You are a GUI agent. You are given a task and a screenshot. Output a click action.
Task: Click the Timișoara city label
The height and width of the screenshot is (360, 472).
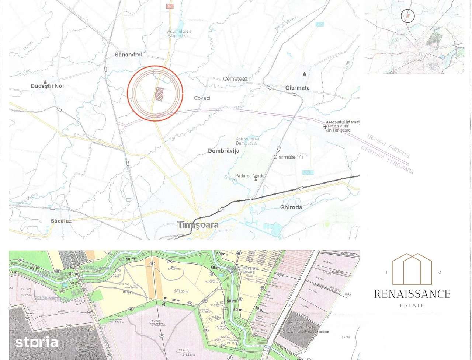pyautogui.click(x=198, y=224)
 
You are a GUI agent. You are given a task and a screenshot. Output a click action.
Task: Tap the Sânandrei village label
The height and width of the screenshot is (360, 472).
pyautogui.click(x=128, y=55)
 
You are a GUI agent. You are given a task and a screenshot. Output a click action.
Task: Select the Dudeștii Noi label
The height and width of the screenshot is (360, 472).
pyautogui.click(x=47, y=86)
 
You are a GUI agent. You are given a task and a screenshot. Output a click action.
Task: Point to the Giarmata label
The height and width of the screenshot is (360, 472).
pyautogui.click(x=297, y=88)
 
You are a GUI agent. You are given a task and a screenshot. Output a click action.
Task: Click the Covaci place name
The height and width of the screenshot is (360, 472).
pyautogui.click(x=202, y=98)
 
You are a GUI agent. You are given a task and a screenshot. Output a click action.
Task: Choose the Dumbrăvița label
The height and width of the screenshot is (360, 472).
pyautogui.click(x=223, y=151)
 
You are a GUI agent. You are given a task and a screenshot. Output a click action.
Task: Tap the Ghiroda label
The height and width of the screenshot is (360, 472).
pyautogui.click(x=291, y=207)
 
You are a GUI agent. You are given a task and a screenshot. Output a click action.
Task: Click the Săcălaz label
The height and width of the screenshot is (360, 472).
pyautogui.click(x=61, y=221)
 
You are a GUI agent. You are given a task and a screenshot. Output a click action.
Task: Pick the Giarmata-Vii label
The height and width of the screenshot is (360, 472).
pyautogui.click(x=288, y=157)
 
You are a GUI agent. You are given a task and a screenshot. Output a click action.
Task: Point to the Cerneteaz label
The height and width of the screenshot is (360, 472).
pyautogui.click(x=235, y=79)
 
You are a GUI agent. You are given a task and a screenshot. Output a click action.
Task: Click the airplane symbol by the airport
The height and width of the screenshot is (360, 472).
pyautogui.click(x=325, y=127)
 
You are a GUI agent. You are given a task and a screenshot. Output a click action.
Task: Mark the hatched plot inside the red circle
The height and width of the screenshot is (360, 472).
pyautogui.click(x=159, y=94)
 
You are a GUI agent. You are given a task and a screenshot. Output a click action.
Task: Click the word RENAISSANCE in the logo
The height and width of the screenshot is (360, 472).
pyautogui.click(x=412, y=294)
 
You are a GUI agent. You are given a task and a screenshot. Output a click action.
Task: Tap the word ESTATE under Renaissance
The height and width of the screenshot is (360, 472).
pyautogui.click(x=412, y=305)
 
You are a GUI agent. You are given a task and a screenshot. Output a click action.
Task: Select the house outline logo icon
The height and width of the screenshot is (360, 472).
pyautogui.click(x=412, y=269)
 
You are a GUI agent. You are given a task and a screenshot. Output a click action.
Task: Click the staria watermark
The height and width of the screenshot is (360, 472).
pyautogui.click(x=37, y=342)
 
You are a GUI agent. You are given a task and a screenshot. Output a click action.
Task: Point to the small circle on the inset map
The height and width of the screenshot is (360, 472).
pyautogui.click(x=407, y=16)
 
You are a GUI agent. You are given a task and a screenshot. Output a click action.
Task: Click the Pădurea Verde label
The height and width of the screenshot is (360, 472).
pyautogui.click(x=250, y=176)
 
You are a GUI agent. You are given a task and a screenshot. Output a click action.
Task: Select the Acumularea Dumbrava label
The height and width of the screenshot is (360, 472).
pyautogui.click(x=247, y=141)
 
